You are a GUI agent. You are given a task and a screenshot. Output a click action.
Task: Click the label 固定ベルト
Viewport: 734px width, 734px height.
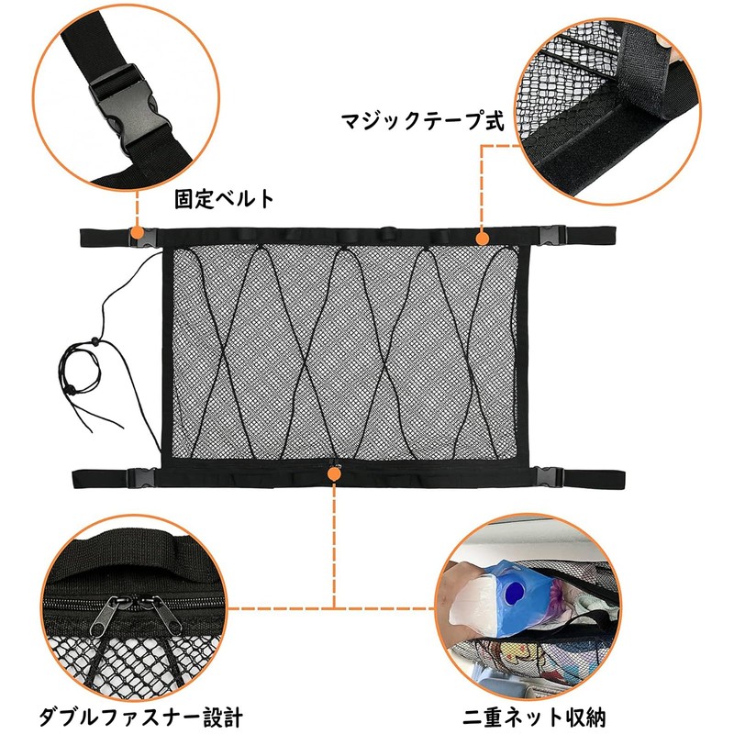pyautogui.click(x=224, y=198)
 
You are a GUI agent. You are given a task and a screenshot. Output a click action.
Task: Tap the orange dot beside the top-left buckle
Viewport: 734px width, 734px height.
pyautogui.click(x=137, y=236)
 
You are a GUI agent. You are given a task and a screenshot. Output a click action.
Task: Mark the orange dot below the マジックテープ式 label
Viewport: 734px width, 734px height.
pyautogui.click(x=481, y=237)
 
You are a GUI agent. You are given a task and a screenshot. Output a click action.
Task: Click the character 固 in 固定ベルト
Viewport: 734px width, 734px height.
pyautogui.click(x=183, y=198)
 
